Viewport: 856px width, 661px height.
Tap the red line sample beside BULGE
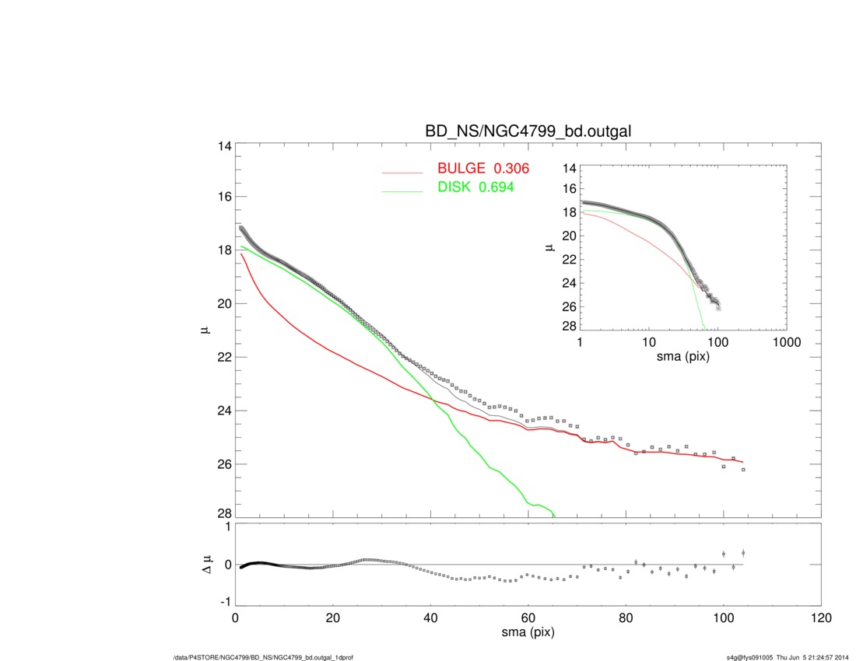(402, 171)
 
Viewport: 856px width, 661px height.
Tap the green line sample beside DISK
(402, 191)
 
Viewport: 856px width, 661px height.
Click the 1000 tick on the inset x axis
(786, 343)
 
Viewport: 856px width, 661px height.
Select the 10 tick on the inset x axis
(648, 343)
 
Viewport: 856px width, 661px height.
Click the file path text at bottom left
(264, 658)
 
